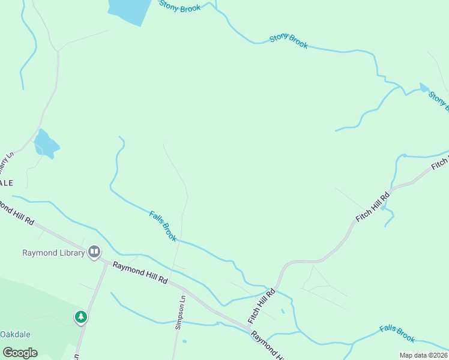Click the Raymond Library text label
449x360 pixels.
tap(53, 253)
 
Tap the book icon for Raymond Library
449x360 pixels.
tap(94, 252)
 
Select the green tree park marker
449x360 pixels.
tap(81, 316)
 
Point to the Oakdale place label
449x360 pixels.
tap(16, 334)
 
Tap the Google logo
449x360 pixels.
tap(20, 353)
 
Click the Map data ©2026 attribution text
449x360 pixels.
tap(423, 355)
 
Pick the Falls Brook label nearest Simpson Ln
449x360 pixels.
tap(163, 226)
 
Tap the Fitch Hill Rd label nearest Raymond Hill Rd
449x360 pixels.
tap(262, 305)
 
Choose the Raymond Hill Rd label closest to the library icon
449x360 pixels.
tap(139, 274)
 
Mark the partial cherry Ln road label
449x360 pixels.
tap(7, 162)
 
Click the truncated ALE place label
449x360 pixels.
tap(6, 182)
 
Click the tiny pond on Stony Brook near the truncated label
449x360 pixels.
tap(424, 88)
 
